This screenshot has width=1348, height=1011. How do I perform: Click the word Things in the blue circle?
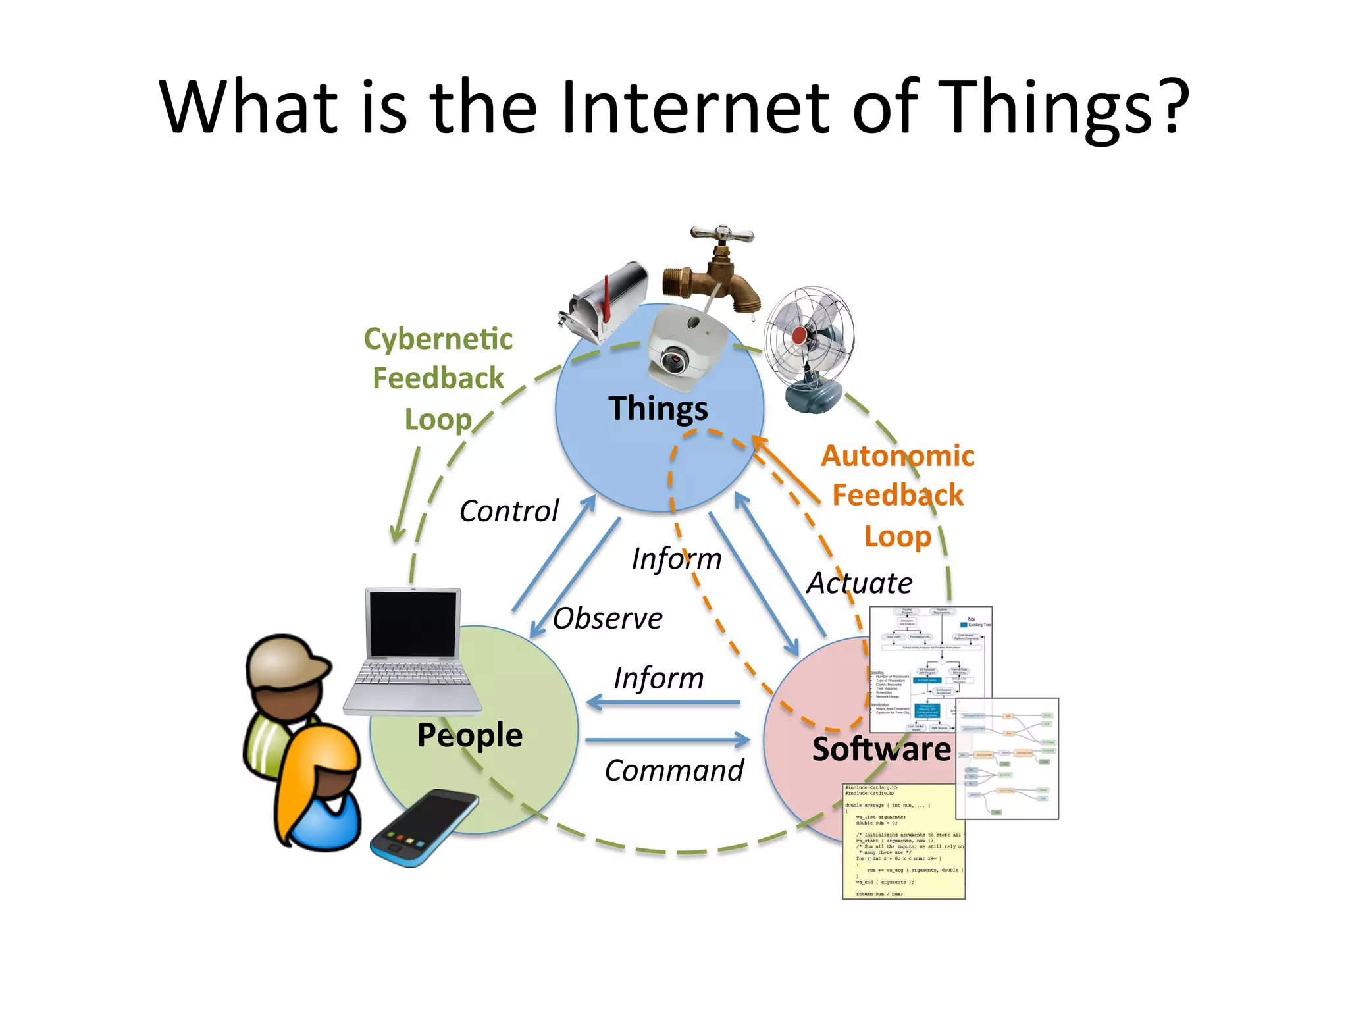658,409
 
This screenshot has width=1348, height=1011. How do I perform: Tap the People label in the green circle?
470,735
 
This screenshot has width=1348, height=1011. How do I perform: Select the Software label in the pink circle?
881,749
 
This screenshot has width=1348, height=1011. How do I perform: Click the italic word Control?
509,511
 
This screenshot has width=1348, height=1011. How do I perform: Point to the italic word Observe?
608,619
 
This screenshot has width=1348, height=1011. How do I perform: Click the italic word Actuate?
860,583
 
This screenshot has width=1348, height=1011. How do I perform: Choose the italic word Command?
674,771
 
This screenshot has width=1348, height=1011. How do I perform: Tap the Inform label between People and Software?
658,679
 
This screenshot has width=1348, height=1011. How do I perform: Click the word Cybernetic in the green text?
438,340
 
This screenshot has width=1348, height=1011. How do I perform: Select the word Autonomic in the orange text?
898,456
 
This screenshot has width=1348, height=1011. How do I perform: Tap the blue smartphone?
424,827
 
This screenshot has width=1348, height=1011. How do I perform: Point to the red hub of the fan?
799,335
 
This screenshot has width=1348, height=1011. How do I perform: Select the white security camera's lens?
673,361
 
